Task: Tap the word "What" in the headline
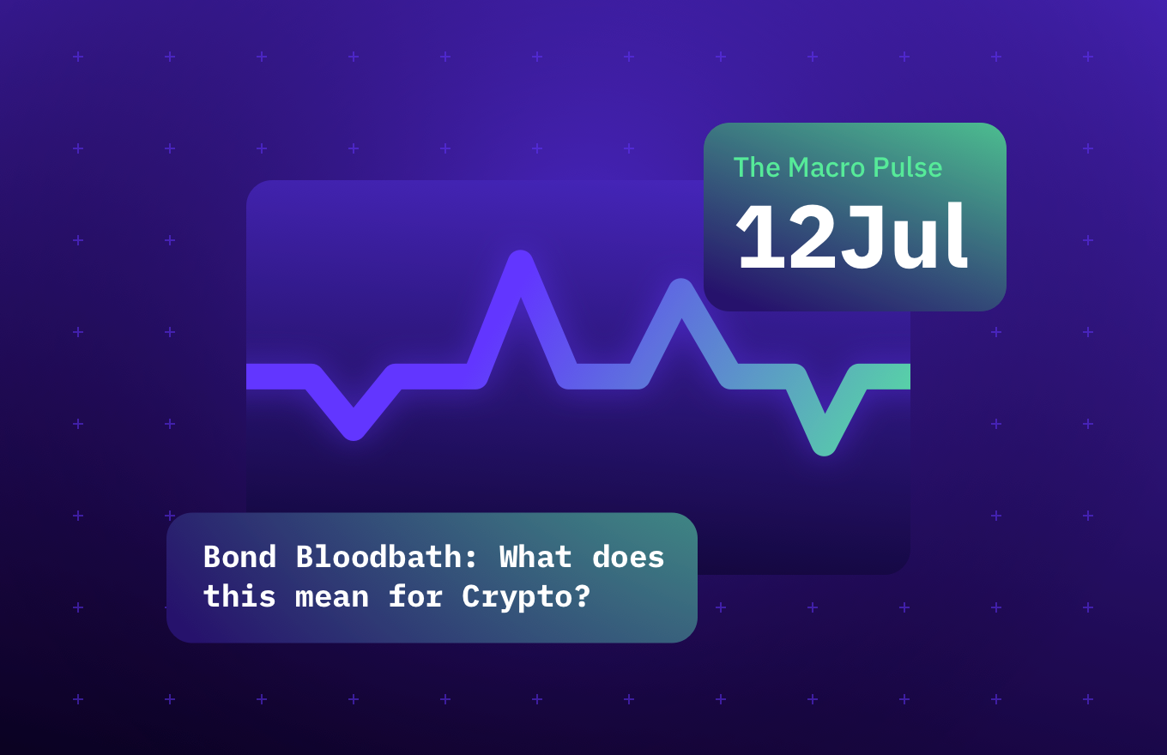coord(535,558)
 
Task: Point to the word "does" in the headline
coord(628,558)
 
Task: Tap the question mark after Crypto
coord(582,597)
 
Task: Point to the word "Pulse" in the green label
coord(907,167)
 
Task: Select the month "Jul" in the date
coord(904,239)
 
